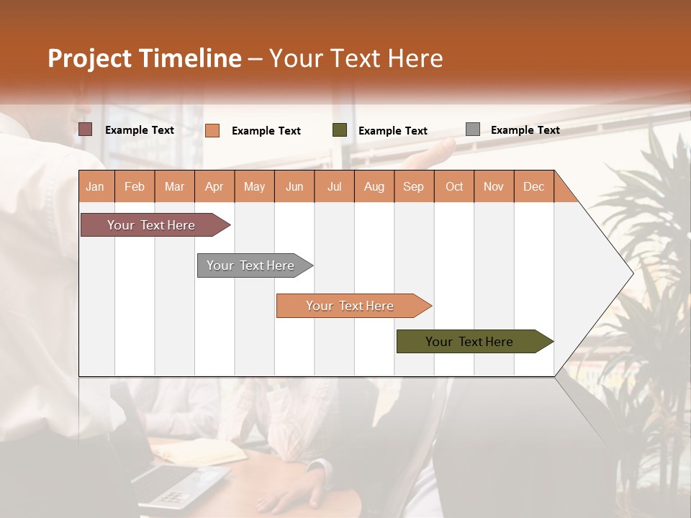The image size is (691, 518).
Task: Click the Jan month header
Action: (96, 186)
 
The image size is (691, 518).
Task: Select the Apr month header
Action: (214, 186)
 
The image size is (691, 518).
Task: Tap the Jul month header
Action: (334, 186)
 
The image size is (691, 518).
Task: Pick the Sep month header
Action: (414, 186)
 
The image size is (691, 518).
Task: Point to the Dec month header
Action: (533, 186)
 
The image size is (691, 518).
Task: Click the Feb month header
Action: (135, 186)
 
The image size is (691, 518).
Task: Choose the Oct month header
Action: (454, 186)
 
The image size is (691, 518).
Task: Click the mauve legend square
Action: (86, 129)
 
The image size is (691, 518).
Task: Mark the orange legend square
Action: (212, 130)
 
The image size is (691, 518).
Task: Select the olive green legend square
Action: (340, 130)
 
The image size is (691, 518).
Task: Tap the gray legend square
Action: (473, 129)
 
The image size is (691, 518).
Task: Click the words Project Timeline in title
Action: (145, 58)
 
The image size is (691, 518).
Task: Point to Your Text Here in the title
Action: (356, 58)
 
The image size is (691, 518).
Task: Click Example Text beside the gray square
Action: (525, 130)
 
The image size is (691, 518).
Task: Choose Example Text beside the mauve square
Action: (140, 130)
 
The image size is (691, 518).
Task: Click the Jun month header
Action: (294, 186)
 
